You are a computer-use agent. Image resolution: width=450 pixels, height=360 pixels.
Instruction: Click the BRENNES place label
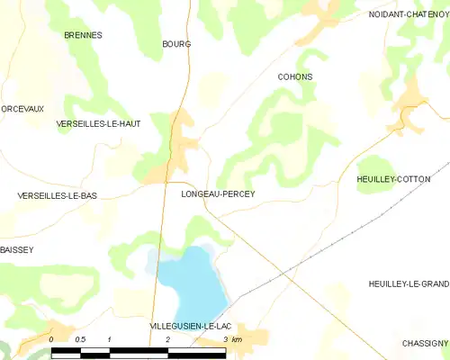[83, 35]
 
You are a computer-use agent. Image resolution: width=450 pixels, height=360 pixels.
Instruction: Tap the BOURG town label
[176, 43]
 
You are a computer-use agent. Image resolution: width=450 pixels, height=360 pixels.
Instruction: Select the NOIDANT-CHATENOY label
[409, 14]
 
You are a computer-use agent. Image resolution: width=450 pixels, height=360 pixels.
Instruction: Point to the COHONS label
[295, 77]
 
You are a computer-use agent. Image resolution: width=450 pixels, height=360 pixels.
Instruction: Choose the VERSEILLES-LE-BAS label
[58, 195]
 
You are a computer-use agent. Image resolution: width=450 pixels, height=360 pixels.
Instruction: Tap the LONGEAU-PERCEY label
[218, 194]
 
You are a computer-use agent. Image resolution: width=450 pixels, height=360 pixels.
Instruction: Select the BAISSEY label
[17, 249]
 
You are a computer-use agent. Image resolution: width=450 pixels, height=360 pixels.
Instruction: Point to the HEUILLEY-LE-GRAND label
[409, 284]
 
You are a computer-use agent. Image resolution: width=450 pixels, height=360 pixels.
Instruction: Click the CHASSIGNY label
[425, 343]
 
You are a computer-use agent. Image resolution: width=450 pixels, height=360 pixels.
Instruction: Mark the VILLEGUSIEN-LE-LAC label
[192, 326]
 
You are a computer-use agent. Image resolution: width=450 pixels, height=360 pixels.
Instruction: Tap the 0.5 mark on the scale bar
[79, 339]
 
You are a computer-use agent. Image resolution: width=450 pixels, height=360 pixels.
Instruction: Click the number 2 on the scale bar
[168, 339]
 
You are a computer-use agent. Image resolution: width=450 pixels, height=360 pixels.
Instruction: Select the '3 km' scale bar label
[231, 339]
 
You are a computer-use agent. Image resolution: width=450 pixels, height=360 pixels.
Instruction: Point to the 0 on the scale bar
[52, 339]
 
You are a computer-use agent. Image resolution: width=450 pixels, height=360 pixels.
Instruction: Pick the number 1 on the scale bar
[109, 339]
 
